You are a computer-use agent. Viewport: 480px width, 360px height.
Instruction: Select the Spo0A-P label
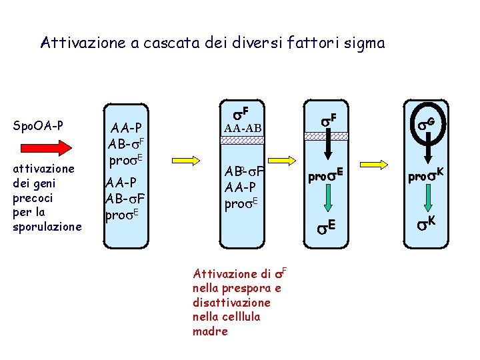pos(39,125)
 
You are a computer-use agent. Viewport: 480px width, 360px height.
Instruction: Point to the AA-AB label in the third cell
pos(243,127)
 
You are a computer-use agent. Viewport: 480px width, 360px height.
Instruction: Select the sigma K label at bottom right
pos(427,223)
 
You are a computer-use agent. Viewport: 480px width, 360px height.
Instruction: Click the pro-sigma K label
pos(426,177)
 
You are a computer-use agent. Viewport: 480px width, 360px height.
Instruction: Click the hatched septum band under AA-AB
pos(243,141)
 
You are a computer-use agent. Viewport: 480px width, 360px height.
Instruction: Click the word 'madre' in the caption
pos(209,331)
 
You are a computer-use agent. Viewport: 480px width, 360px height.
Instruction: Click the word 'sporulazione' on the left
pos(47,227)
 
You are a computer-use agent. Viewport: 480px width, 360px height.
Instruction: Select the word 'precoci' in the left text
pos(32,198)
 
